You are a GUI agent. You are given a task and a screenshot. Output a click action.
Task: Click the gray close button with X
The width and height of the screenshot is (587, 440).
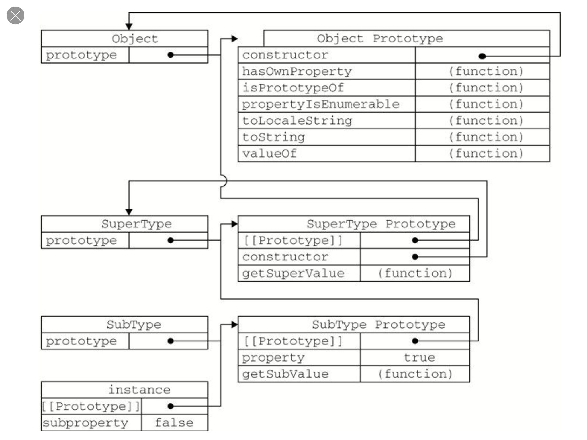(x=15, y=15)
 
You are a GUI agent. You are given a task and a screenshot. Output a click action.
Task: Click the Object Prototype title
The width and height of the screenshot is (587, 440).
(x=380, y=38)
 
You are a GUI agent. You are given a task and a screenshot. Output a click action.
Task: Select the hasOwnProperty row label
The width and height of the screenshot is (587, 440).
(x=297, y=72)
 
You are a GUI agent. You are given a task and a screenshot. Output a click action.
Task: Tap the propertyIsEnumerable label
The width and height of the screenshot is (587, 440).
(x=321, y=104)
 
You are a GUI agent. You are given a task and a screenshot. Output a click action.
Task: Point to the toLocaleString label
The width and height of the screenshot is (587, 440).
(x=297, y=121)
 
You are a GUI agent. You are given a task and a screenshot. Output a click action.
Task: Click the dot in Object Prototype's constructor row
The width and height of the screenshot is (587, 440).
(x=482, y=56)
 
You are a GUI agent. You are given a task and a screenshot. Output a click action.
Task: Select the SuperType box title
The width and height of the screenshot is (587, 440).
(x=136, y=224)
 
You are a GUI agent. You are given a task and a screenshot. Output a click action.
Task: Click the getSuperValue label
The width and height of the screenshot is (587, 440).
(x=293, y=273)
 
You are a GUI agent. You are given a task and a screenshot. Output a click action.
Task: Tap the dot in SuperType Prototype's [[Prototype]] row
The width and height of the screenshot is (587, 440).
(x=415, y=240)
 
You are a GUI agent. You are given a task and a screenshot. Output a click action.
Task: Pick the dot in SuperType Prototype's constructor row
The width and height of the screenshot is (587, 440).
(x=415, y=257)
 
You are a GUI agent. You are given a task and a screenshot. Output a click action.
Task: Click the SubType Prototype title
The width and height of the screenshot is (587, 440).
(x=378, y=325)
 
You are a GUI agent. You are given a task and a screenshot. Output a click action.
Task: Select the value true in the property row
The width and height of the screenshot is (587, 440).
(x=419, y=357)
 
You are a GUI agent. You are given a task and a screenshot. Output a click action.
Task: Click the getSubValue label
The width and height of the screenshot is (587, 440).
(x=285, y=374)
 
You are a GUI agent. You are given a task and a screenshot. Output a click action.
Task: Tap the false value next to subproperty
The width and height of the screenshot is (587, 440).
(x=174, y=423)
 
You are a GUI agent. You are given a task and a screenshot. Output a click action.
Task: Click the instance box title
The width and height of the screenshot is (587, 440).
(x=139, y=390)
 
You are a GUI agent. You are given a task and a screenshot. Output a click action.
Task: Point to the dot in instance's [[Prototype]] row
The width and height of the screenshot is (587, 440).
(x=171, y=406)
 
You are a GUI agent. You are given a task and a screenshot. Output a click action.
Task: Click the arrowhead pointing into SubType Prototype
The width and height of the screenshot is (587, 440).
(x=235, y=325)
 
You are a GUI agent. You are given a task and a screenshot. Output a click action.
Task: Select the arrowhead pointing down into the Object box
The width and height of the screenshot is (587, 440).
(x=129, y=27)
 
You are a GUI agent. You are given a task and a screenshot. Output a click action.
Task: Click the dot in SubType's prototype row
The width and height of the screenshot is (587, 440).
(x=171, y=341)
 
